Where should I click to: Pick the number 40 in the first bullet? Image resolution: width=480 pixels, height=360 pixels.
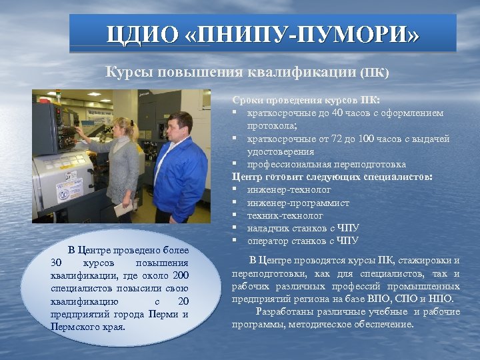(x=338, y=113)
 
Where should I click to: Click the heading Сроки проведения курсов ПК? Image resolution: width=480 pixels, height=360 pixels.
(x=306, y=100)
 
